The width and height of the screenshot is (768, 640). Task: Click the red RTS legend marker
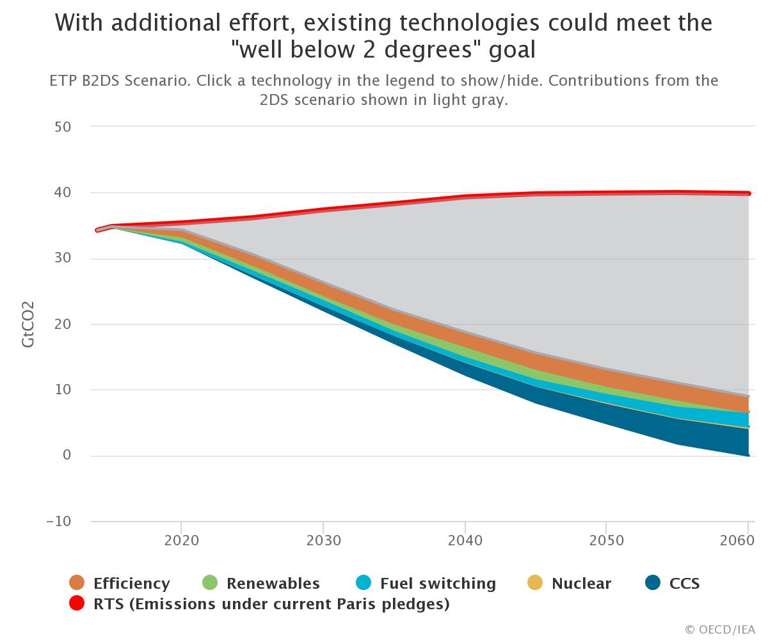(77, 604)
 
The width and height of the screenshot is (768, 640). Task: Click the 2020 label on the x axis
(182, 540)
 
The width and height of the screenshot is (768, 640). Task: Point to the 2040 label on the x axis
(465, 540)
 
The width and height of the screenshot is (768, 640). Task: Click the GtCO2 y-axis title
(28, 324)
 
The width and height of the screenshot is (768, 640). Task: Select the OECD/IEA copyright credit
(719, 630)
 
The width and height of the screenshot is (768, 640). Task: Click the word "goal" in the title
(512, 50)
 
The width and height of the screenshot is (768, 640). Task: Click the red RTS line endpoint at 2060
(748, 193)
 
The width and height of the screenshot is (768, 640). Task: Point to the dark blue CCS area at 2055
(677, 432)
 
